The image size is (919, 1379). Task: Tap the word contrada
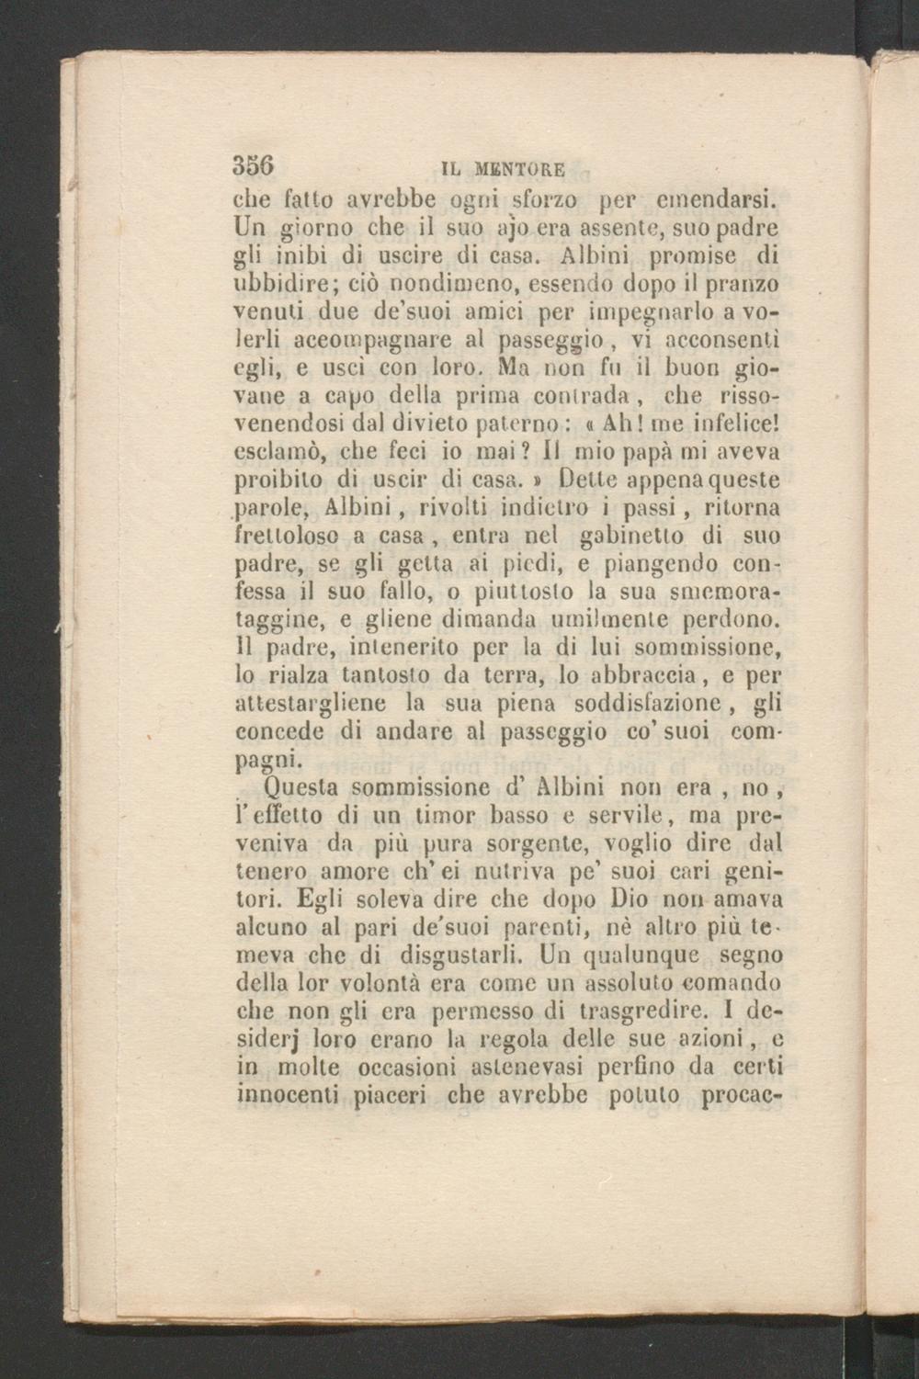coord(560,400)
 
